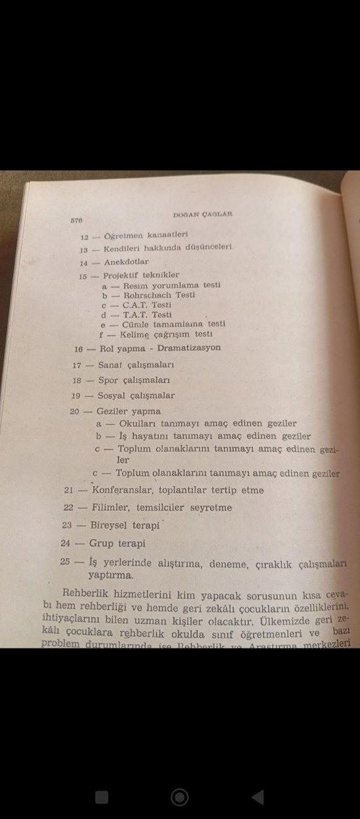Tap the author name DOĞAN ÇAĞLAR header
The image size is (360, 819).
205,214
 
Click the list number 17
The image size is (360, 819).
77,365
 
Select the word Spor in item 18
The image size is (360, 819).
108,381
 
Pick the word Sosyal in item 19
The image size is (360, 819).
112,396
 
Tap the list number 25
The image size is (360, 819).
64,562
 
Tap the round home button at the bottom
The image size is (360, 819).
180,797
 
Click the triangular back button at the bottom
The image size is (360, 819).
258,797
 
